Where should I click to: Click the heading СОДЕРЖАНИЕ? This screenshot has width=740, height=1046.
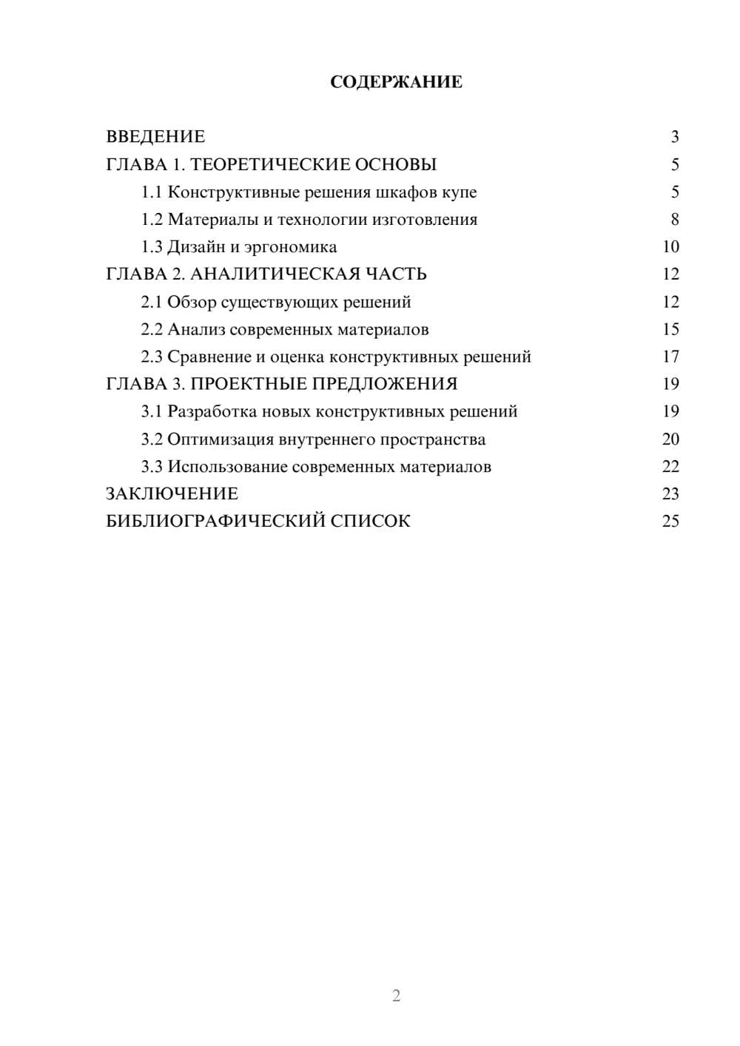pos(396,82)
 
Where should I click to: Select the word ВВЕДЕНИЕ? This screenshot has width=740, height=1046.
pos(155,137)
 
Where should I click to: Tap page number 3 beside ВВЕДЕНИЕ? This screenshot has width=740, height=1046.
pos(674,137)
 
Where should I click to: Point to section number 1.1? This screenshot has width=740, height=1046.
pos(151,192)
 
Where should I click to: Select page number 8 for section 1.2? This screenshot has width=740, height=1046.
pos(674,220)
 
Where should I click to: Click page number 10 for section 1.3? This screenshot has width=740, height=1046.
pos(670,247)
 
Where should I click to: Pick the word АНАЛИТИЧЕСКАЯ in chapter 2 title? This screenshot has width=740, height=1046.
pos(275,274)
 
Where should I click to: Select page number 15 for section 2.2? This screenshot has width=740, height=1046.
pos(670,329)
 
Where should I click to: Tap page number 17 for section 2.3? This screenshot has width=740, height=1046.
pos(670,357)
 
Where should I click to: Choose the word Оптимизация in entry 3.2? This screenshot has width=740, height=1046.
pos(221,439)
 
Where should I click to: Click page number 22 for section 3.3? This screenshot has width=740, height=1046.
pos(670,467)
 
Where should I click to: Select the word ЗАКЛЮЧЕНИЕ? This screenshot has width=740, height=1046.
pos(172,494)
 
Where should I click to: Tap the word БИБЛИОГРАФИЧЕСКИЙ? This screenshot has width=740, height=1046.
pos(215,522)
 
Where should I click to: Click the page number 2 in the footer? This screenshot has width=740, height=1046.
pos(396,996)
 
